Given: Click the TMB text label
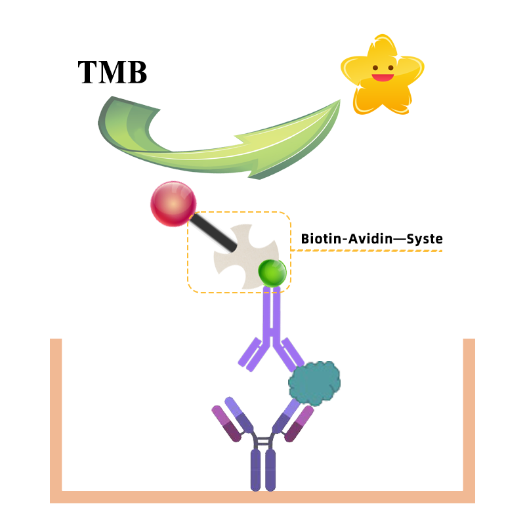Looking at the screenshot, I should coord(112,72).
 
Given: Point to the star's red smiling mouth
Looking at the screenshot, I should coord(381,77).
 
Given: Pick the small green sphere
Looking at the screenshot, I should coord(272,273).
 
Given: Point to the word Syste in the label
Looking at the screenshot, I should coord(425,239).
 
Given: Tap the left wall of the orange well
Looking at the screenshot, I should coord(56,413).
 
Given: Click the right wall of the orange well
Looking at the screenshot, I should coord(469,413).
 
